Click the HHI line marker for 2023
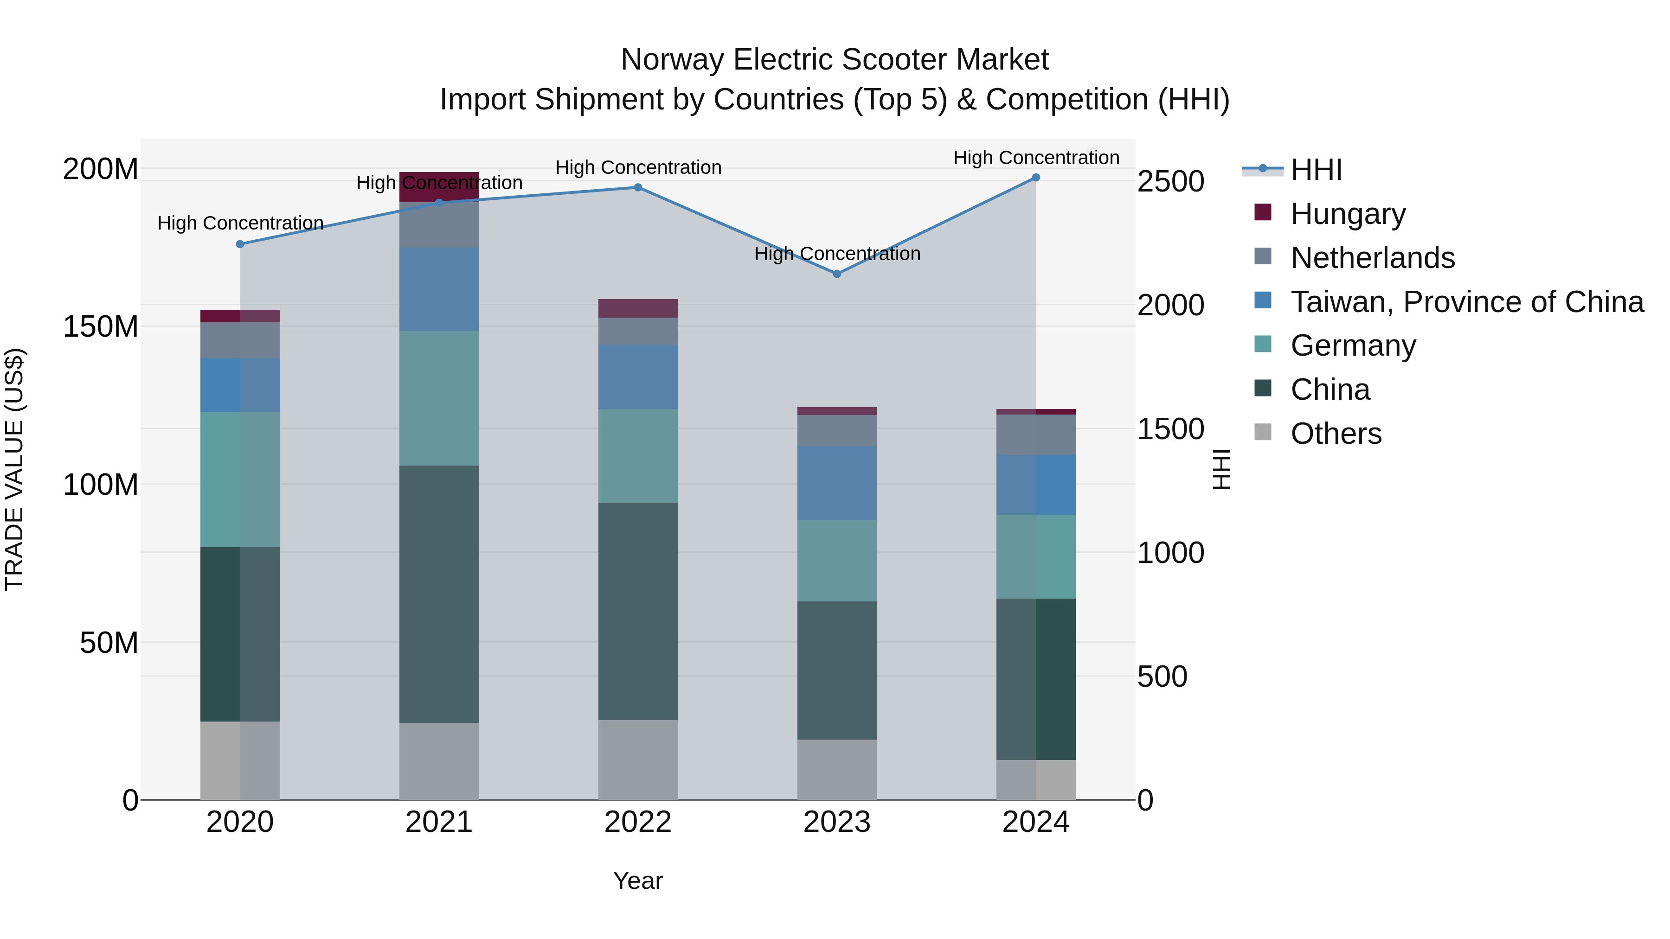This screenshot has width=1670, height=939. pos(836,274)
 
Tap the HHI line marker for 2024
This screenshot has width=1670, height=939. pos(1035,178)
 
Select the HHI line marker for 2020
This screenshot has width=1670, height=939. pos(240,244)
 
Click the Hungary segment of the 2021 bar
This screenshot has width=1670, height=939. pos(439,186)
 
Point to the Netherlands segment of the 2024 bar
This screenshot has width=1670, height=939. pos(1035,435)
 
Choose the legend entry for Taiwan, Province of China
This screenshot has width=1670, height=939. pos(1466,302)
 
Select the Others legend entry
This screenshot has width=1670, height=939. pos(1336,434)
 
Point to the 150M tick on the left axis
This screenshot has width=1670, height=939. pos(101,326)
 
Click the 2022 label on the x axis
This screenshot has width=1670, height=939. pos(638,822)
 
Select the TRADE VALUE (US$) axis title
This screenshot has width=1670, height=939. pos(14,469)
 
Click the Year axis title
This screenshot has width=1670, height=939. pos(638,881)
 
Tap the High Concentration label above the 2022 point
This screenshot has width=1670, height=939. pos(638,168)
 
